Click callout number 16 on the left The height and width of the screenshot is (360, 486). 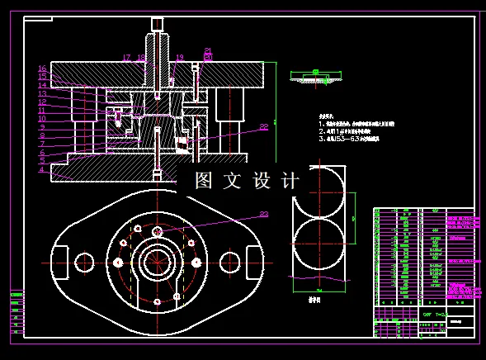tap(42, 69)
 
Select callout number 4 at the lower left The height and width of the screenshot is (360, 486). tap(41, 170)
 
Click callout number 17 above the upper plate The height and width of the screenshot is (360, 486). tap(126, 58)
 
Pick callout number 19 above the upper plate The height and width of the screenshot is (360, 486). tap(179, 58)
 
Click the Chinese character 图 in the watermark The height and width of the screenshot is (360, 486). tap(204, 181)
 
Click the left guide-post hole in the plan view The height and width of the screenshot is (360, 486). tap(84, 263)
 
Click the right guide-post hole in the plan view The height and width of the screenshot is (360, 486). tap(228, 263)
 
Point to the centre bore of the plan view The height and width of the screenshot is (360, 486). tap(157, 263)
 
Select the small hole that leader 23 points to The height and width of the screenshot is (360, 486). tap(157, 231)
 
